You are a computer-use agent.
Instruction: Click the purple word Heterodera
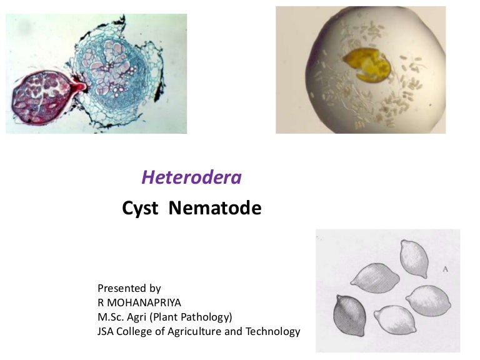pyautogui.click(x=191, y=177)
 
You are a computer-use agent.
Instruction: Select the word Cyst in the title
pyautogui.click(x=140, y=208)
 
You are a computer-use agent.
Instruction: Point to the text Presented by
pyautogui.click(x=129, y=288)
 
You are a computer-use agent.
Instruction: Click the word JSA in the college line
pyautogui.click(x=106, y=331)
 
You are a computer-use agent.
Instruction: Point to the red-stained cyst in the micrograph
pyautogui.click(x=41, y=100)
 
